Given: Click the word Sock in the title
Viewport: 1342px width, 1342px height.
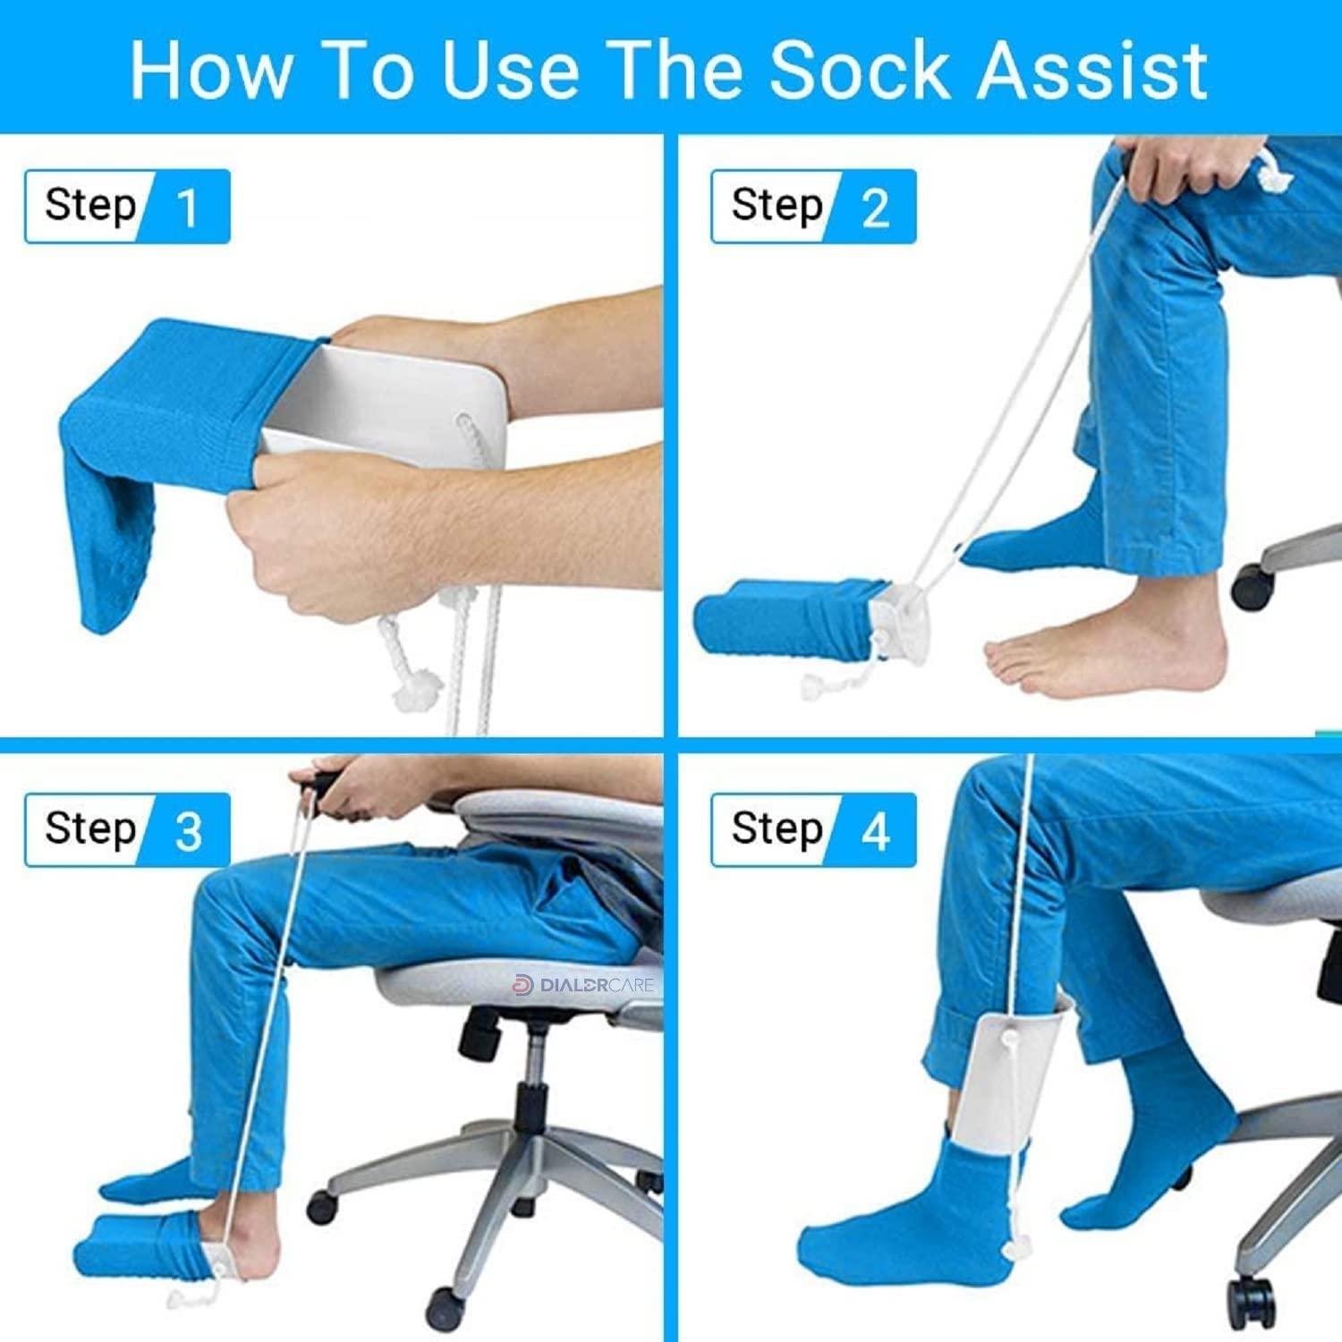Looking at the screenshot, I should (860, 70).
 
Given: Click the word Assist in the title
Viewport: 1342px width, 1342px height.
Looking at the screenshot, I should (1091, 70).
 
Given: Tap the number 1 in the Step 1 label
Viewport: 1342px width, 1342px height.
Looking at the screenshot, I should (187, 208).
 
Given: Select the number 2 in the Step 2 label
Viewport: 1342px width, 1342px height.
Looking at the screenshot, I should (874, 208).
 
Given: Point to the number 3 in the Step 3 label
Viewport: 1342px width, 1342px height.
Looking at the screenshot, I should (188, 831).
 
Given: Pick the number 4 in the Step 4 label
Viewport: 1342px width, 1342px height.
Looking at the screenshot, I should (874, 831).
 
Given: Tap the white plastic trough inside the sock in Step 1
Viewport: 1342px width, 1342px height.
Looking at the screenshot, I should (358, 394).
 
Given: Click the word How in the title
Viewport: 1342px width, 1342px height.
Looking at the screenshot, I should (211, 70).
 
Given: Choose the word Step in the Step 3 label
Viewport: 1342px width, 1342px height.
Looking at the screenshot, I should (89, 829).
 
